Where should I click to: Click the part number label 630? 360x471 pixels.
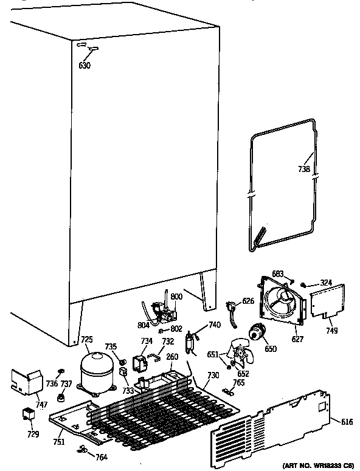tap(85, 65)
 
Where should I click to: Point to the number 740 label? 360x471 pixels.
tap(213, 326)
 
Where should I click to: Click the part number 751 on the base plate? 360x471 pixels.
tap(58, 442)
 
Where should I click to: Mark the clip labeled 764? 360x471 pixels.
tap(81, 450)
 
